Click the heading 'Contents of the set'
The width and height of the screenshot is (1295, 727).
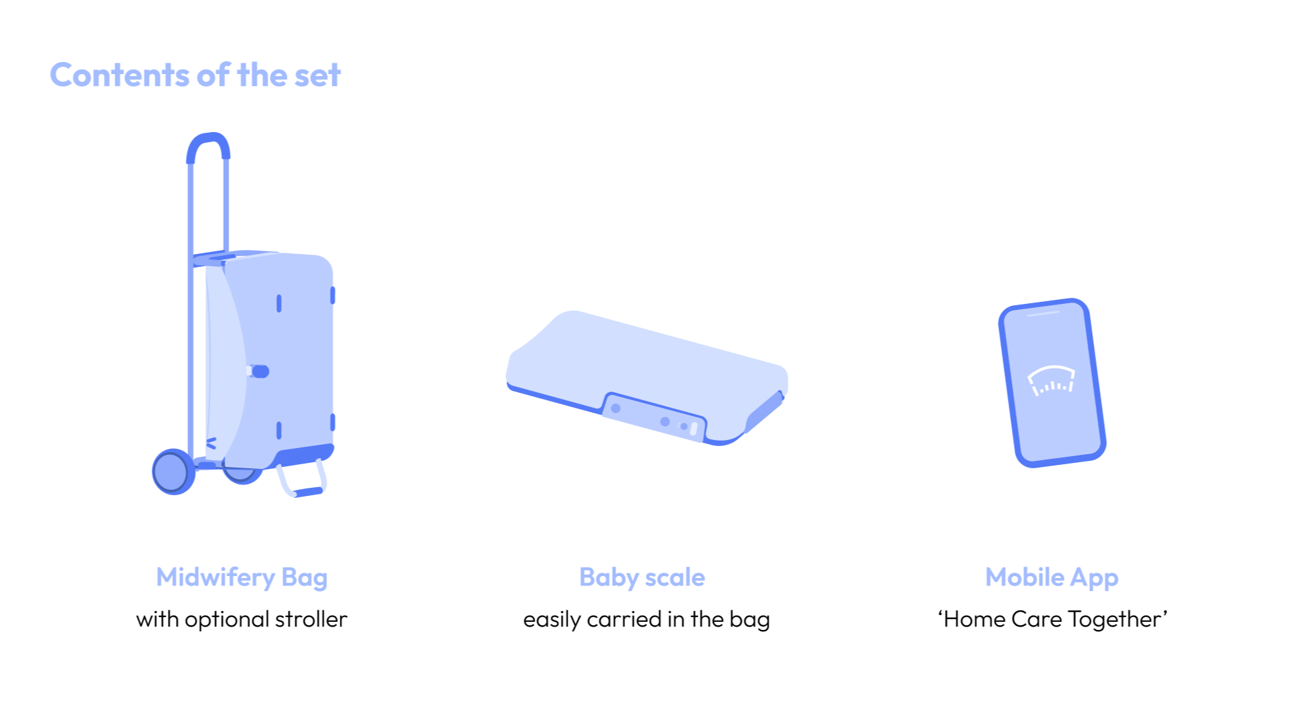195,75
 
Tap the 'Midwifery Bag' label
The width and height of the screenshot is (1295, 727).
242,578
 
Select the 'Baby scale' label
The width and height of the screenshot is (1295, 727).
642,577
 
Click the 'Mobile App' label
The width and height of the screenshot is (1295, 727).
1052,578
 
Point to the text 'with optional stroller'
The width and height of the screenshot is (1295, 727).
242,619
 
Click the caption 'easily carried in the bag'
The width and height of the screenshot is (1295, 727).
646,619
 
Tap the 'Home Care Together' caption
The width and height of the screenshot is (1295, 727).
1052,619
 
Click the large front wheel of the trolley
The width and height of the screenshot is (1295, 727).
173,472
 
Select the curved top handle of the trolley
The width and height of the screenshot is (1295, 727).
208,144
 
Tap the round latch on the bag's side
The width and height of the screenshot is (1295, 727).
260,371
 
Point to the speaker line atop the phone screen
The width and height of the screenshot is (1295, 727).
1044,313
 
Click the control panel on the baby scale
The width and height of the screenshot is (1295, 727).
653,417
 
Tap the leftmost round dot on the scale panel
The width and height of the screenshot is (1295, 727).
615,408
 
